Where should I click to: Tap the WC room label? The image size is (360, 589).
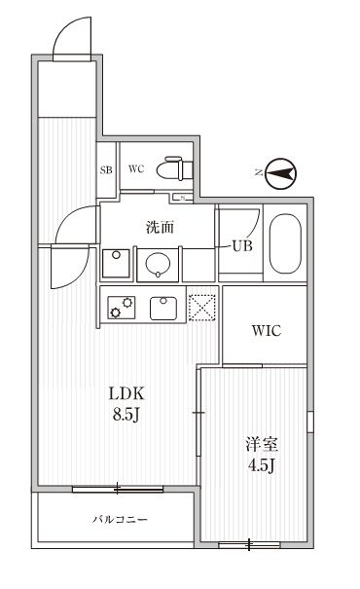[x=136, y=168]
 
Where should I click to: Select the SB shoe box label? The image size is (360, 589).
[x=105, y=169]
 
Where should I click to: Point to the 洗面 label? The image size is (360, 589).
[x=160, y=228]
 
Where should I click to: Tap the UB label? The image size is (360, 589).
[x=242, y=245]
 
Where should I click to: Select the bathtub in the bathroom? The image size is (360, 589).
[x=285, y=243]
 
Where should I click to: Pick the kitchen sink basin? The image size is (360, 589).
[x=162, y=308]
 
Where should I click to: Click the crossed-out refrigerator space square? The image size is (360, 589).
[x=201, y=307]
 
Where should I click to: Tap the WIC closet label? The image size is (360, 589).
[x=267, y=330]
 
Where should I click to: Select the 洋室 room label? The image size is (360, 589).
[x=261, y=445]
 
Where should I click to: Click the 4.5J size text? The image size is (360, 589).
[x=261, y=465]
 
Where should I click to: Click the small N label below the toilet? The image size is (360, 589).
[x=182, y=198]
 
